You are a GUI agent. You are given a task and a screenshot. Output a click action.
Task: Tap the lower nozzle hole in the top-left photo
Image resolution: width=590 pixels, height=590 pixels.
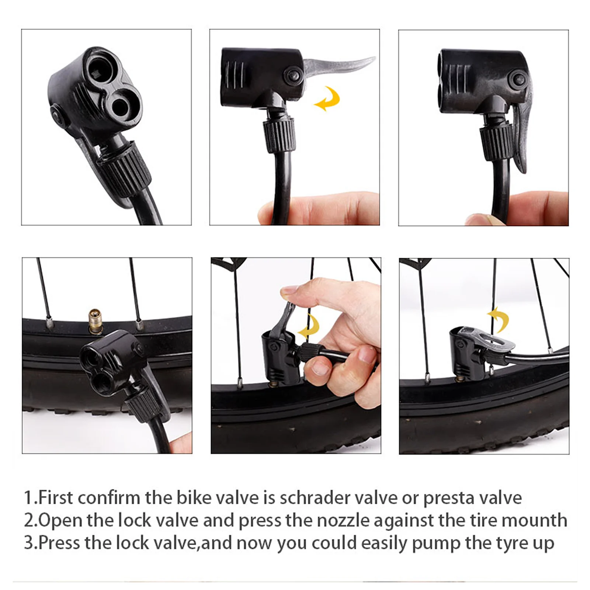point(120,107)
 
